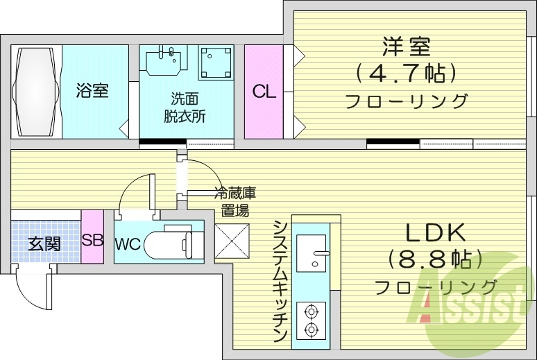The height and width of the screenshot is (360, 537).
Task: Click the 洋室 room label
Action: pyautogui.click(x=406, y=46)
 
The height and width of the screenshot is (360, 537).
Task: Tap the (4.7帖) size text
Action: pyautogui.click(x=406, y=72)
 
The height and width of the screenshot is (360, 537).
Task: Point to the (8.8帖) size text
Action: pyautogui.click(x=435, y=260)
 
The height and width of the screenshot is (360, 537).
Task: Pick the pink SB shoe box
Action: pyautogui.click(x=92, y=241)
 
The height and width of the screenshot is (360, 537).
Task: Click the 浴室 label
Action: pyautogui.click(x=92, y=90)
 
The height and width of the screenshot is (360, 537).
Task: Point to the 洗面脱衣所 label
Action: pyautogui.click(x=185, y=107)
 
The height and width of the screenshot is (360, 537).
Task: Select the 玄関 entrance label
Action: pyautogui.click(x=44, y=243)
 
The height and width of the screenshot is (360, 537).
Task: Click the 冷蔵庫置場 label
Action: pyautogui.click(x=231, y=201)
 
